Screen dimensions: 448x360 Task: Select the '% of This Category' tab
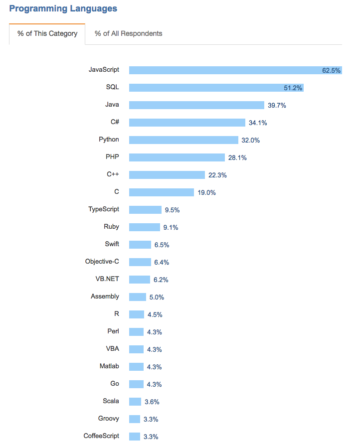point(47,33)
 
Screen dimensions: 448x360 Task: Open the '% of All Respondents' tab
point(128,33)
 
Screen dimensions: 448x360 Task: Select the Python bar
point(183,140)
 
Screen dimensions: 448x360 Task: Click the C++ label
point(113,174)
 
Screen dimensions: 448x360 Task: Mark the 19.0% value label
point(206,192)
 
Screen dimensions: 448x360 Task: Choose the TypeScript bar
point(145,210)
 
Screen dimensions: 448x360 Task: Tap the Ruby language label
point(111,227)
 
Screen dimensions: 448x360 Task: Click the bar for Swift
point(140,245)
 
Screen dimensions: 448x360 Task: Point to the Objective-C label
point(102,262)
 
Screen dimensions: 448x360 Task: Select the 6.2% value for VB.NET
point(161,280)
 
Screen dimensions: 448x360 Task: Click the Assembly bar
point(138,297)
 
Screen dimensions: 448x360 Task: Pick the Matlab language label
point(109,366)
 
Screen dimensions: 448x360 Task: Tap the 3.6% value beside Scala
point(152,402)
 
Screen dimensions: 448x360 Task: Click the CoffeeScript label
point(101,436)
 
